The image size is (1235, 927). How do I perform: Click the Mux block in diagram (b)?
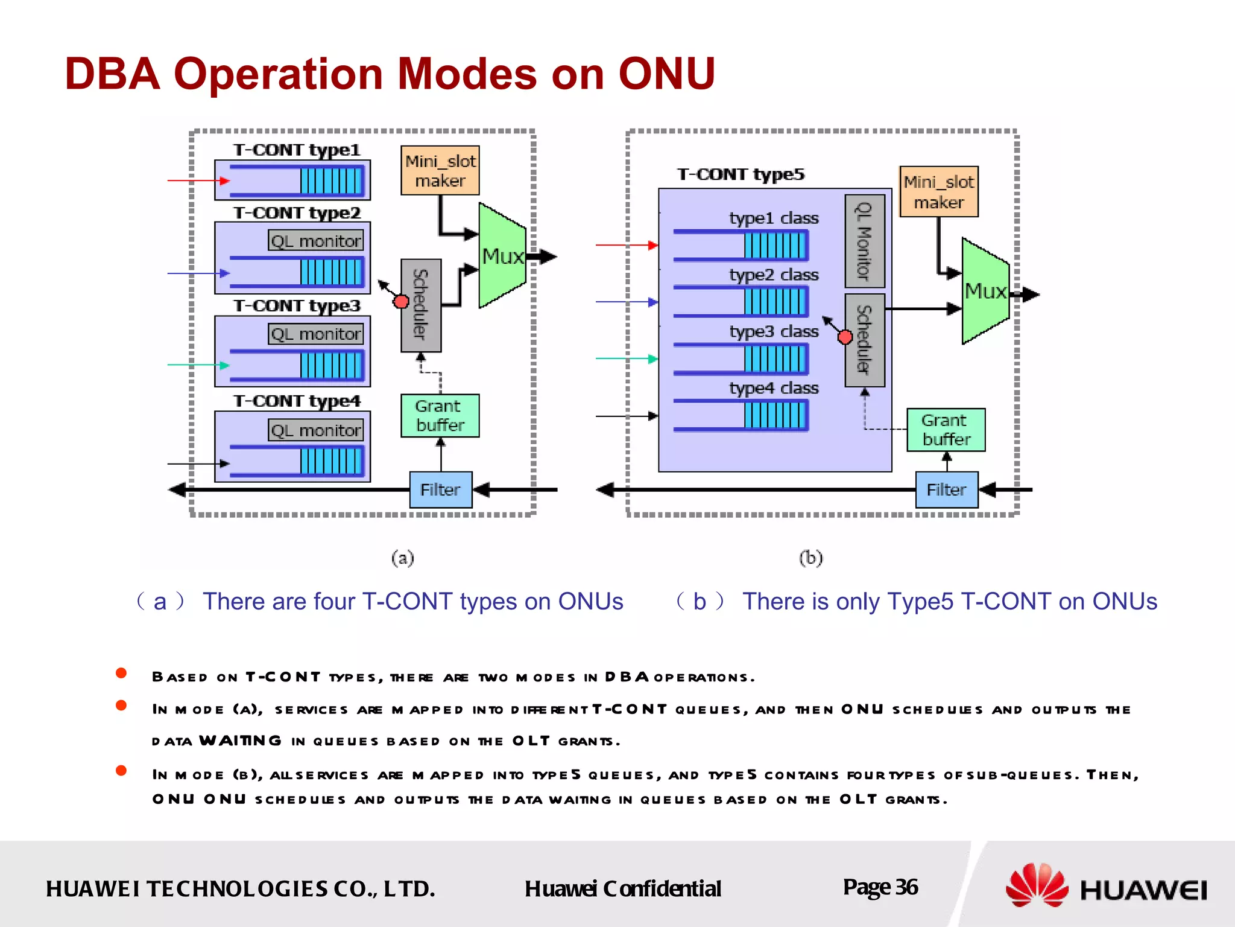pos(985,291)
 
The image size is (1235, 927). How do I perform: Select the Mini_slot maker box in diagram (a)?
pos(440,170)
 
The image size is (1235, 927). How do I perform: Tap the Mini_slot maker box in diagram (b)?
pos(938,191)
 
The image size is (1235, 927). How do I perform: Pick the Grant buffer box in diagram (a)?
pos(440,415)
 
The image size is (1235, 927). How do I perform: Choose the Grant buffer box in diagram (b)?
pos(946,430)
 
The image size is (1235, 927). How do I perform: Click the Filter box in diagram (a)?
pos(440,489)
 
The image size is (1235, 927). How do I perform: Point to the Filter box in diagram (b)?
pos(946,489)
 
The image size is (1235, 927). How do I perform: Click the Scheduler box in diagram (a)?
pos(421,305)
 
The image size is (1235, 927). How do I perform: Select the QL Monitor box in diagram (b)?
pos(864,241)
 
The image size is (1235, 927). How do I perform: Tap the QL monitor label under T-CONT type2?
pos(315,241)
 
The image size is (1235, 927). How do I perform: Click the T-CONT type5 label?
pos(741,174)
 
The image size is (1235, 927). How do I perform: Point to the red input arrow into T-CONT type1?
pos(198,180)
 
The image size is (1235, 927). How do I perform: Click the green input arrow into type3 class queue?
pos(627,358)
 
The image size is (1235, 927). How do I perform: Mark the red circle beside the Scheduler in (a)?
pos(400,301)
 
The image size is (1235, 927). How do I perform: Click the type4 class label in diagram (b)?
pos(774,388)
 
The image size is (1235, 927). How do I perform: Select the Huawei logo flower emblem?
pos(1036,885)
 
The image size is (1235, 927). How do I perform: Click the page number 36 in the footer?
pos(906,887)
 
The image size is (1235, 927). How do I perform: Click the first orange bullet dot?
pos(121,673)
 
